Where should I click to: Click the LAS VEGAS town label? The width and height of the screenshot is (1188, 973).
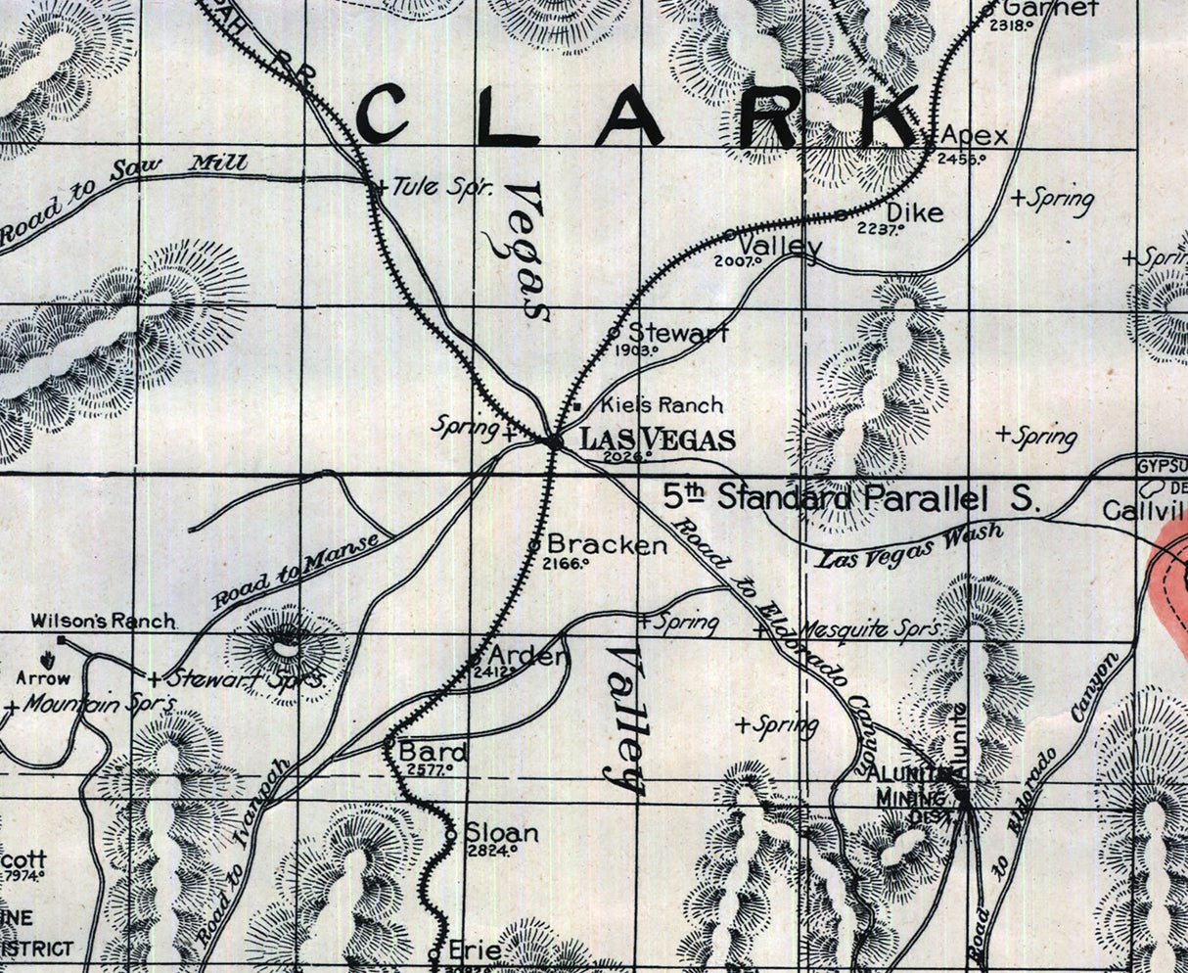tap(658, 440)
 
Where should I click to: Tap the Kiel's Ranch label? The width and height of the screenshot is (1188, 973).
tap(662, 404)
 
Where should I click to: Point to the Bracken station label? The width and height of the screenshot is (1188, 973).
tap(607, 544)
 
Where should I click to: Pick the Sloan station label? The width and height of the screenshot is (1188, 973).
tap(501, 833)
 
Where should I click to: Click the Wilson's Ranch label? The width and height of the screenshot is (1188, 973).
tap(103, 621)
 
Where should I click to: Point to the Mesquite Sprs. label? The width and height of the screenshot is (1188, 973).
tap(871, 627)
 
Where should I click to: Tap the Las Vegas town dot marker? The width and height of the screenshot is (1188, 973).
tap(555, 442)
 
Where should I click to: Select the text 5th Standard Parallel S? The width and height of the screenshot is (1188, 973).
tap(849, 496)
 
